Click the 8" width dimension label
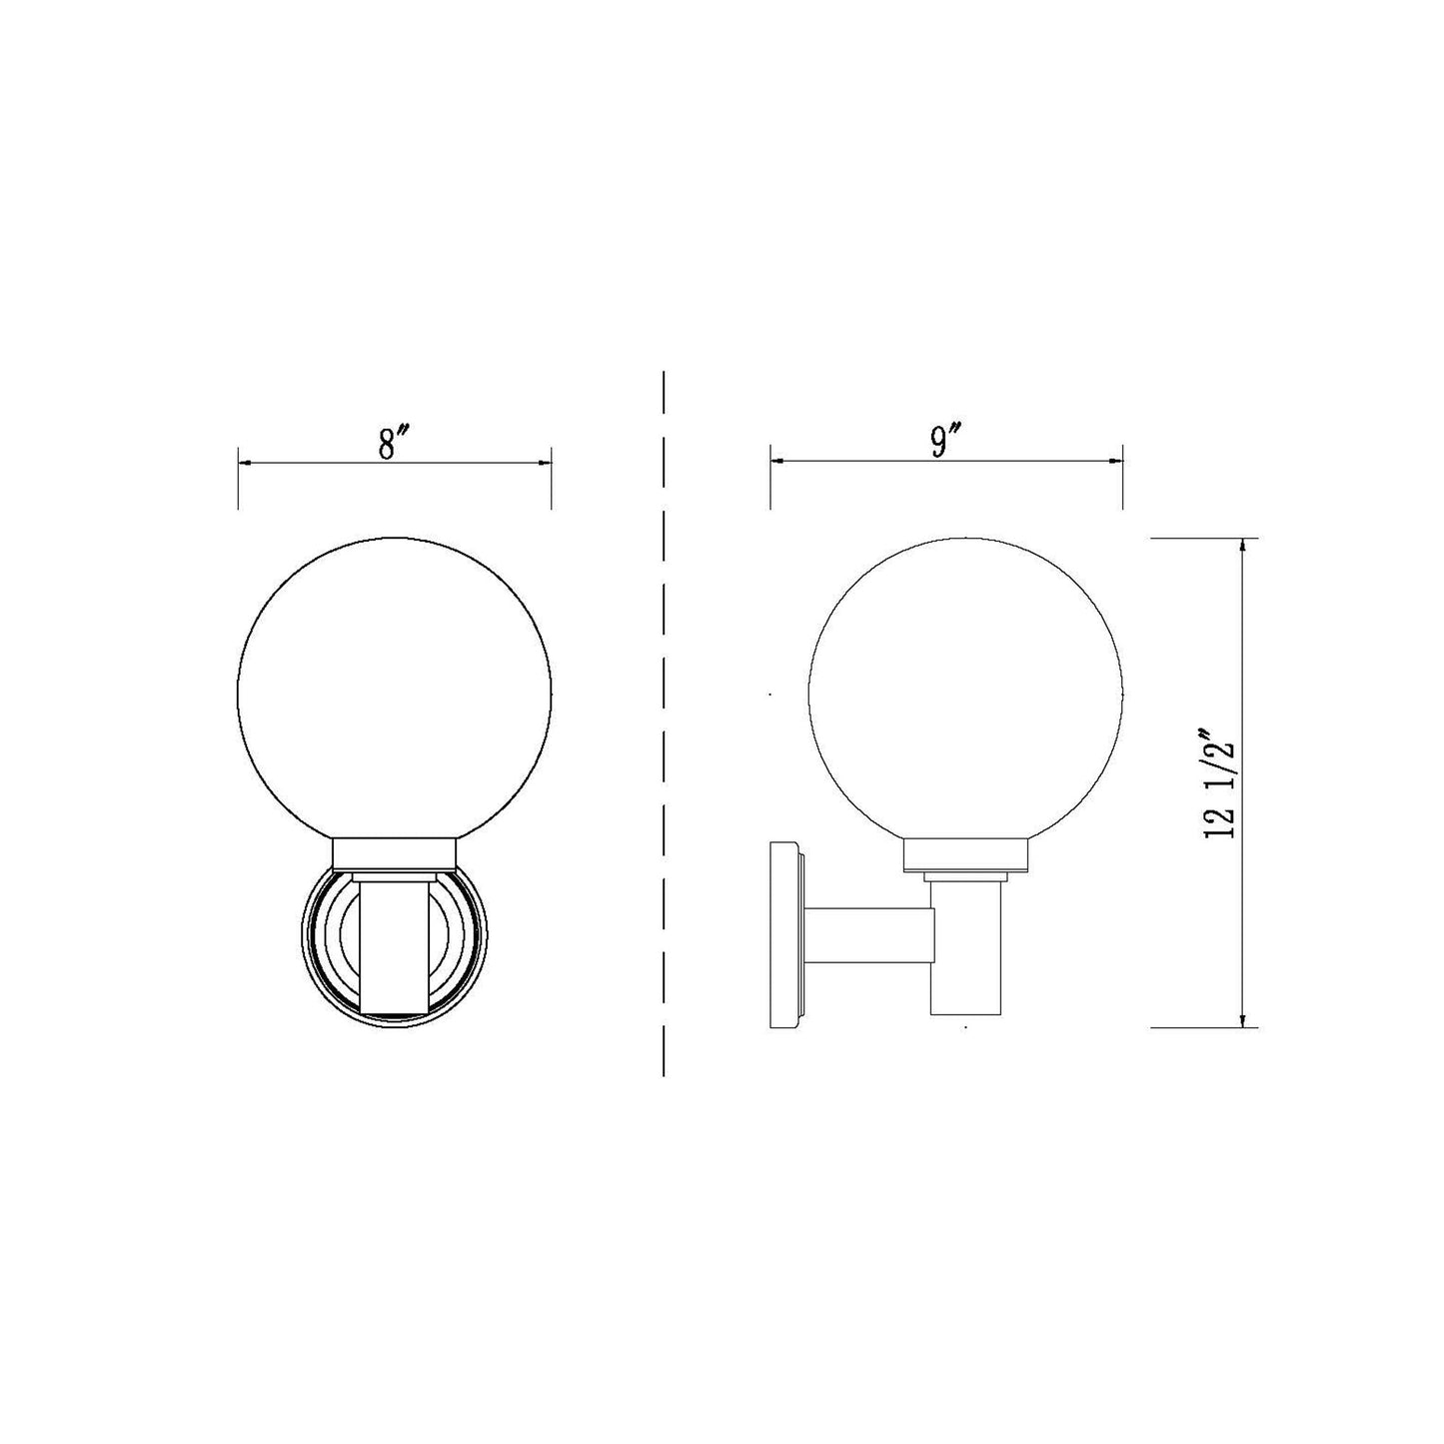(394, 442)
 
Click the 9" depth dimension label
(945, 442)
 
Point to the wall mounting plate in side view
(785, 934)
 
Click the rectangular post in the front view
(394, 944)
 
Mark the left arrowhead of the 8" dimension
(244, 463)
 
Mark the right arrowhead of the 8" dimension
(545, 463)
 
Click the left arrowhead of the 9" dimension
(776, 461)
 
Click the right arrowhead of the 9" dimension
(1116, 461)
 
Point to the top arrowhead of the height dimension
(1242, 545)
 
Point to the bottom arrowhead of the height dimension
(1242, 1019)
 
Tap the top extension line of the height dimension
(1199, 538)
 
